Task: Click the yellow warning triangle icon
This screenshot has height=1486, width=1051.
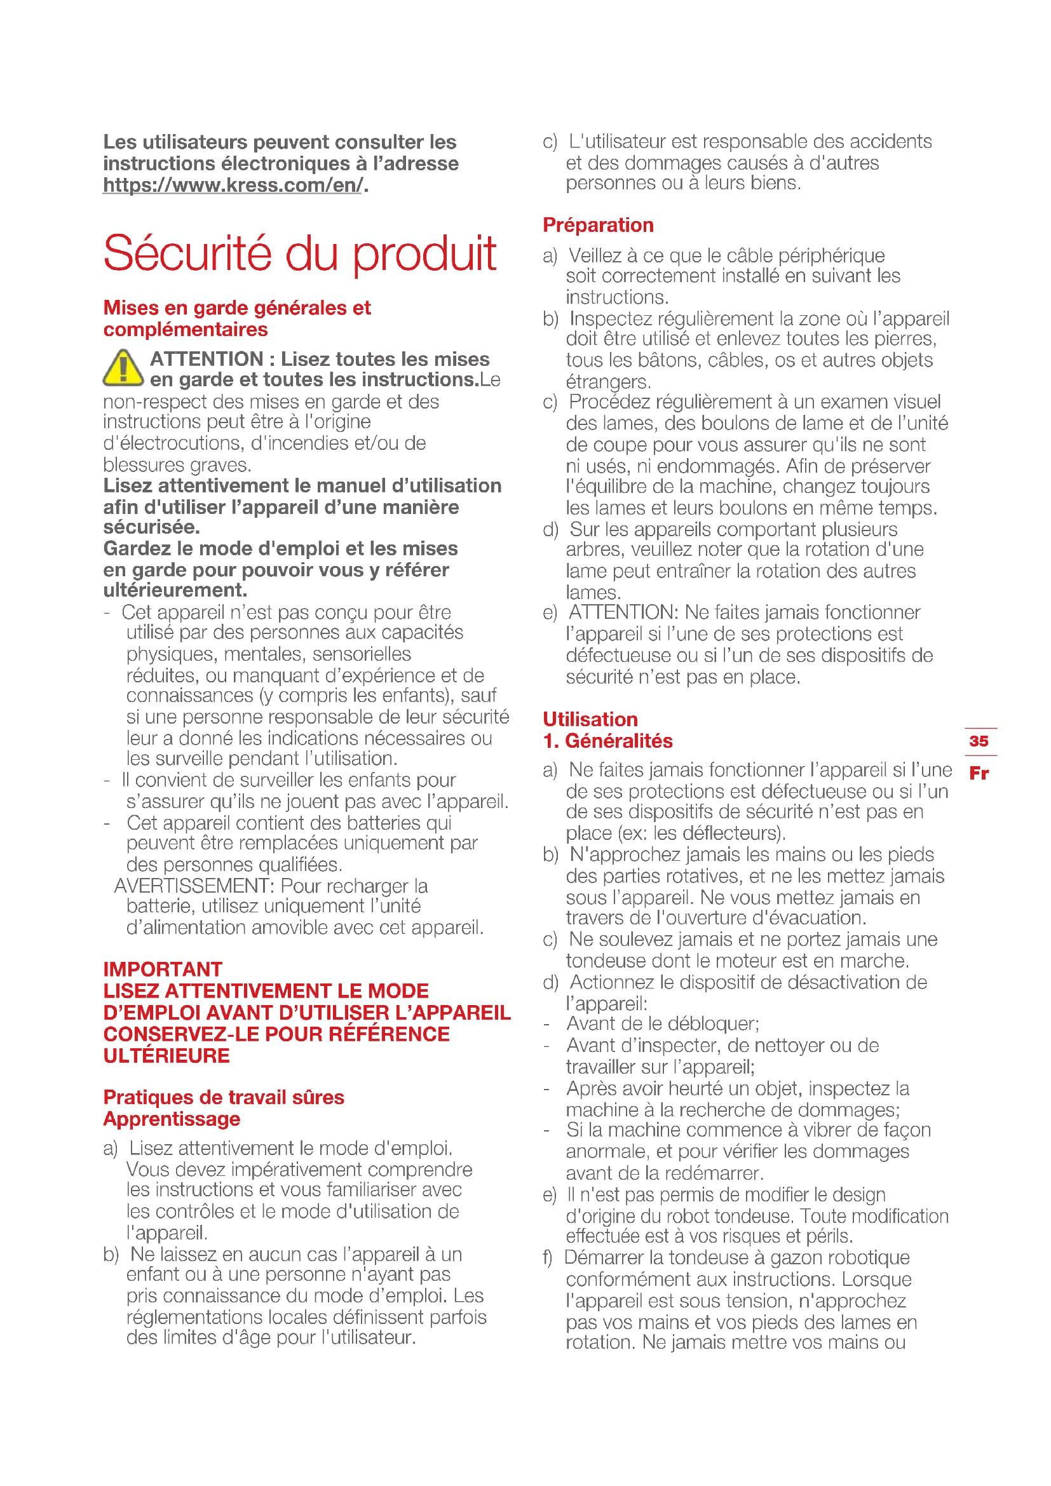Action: (x=123, y=368)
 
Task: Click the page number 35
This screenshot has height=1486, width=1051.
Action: (x=979, y=740)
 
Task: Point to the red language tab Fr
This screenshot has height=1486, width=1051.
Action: (x=979, y=773)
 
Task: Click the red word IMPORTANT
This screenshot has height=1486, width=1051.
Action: (x=163, y=969)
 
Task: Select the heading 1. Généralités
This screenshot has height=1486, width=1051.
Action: (x=607, y=740)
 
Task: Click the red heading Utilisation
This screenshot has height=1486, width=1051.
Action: (x=590, y=719)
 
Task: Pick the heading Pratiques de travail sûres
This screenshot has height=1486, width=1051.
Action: (x=223, y=1097)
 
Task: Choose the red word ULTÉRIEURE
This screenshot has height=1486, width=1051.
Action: (x=166, y=1056)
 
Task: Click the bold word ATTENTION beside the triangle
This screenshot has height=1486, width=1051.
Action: (x=207, y=358)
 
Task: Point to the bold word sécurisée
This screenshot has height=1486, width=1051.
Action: (x=151, y=527)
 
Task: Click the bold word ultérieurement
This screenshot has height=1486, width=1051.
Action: (x=175, y=590)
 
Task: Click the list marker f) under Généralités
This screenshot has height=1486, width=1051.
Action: (x=548, y=1257)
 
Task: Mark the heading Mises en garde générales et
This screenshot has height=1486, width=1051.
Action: (x=237, y=307)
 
